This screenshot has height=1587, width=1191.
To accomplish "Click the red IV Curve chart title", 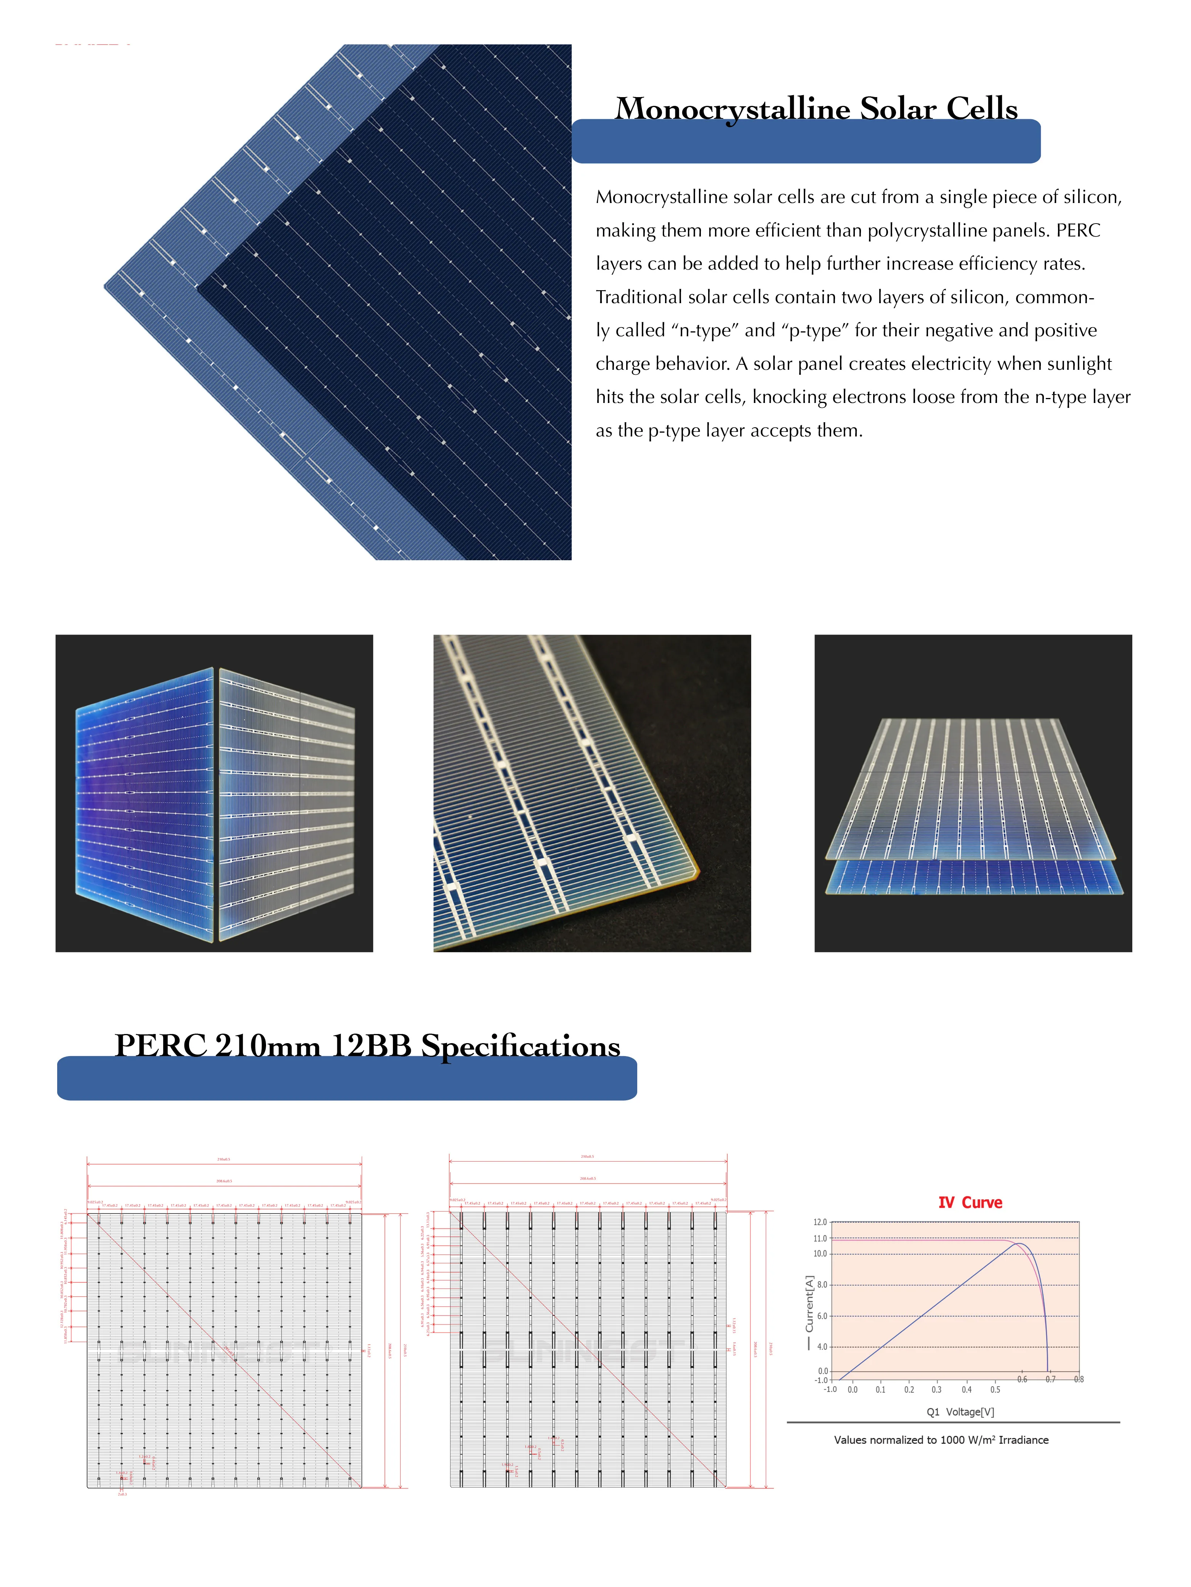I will coord(970,1202).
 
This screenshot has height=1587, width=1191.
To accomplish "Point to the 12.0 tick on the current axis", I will coord(820,1222).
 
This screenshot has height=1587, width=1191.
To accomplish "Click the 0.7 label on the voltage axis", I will coord(1050,1379).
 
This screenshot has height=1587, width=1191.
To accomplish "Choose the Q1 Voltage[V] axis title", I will coord(960,1412).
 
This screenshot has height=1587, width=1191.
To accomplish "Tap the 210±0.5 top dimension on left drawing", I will coord(224,1159).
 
